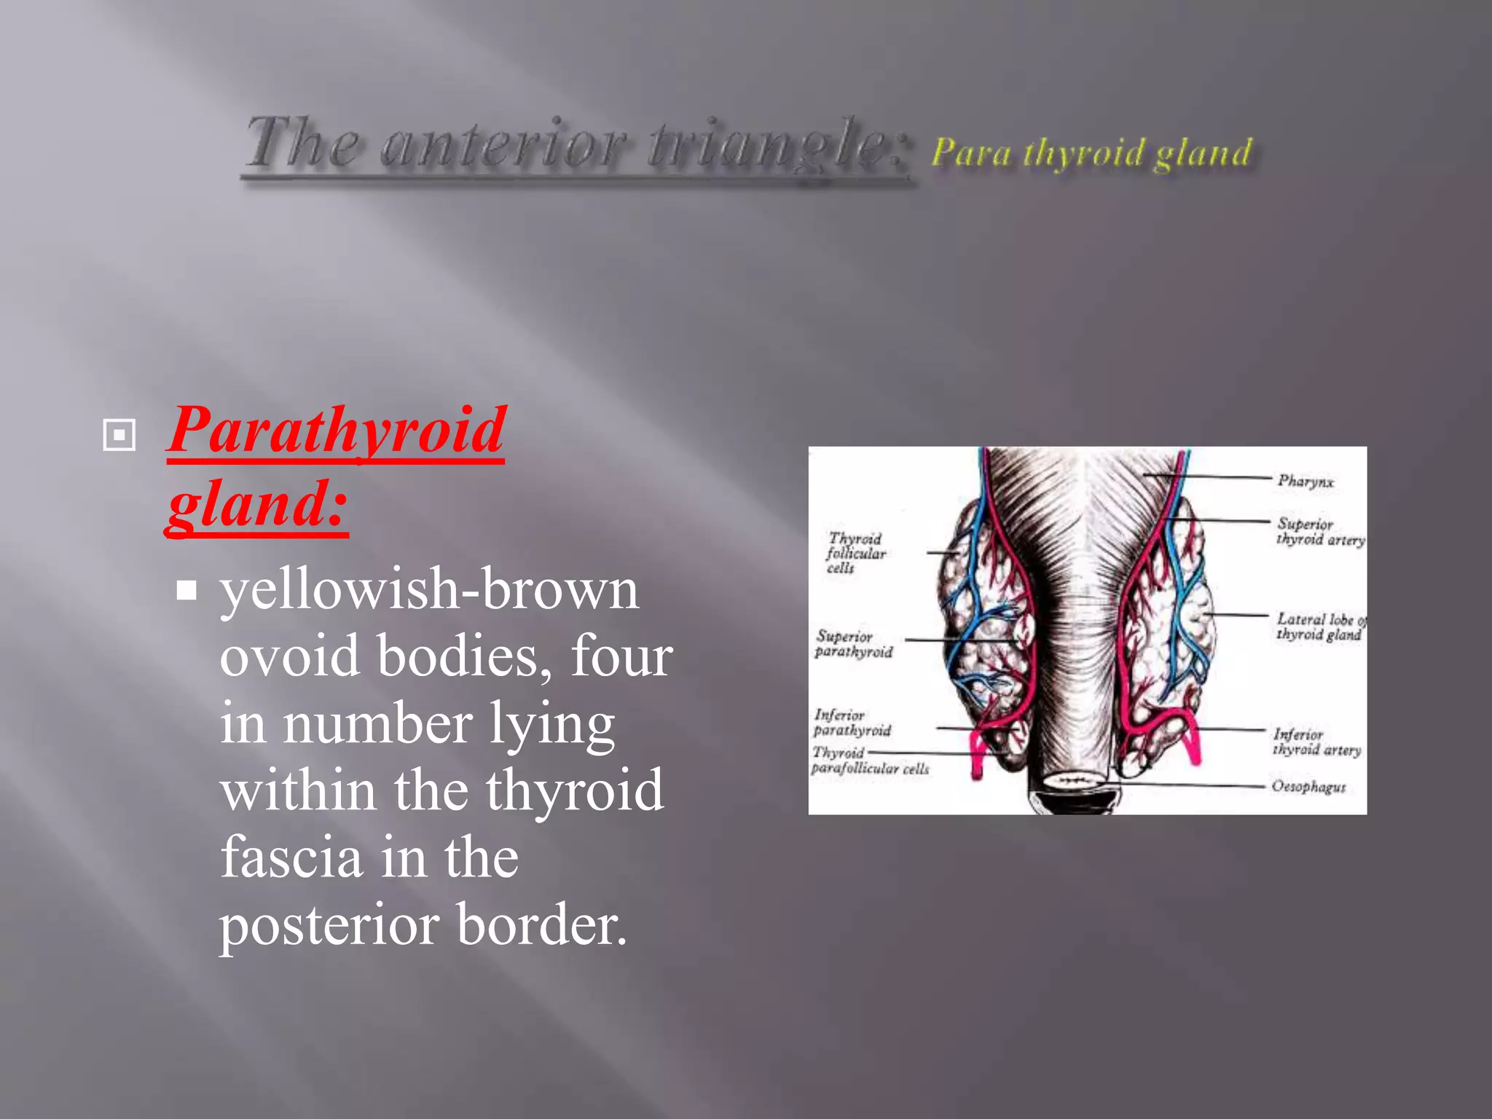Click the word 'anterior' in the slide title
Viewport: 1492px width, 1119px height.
503,144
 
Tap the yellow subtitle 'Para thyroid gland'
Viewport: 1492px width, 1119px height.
1091,154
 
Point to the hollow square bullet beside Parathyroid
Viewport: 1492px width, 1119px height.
119,435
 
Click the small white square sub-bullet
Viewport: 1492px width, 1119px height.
186,590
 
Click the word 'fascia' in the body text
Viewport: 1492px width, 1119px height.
291,857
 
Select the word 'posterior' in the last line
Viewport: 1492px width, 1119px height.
329,924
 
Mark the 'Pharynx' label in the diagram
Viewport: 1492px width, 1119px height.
1305,482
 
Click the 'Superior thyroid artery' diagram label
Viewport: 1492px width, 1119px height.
1319,532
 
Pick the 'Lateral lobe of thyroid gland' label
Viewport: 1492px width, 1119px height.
1319,627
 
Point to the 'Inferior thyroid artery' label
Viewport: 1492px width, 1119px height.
1316,742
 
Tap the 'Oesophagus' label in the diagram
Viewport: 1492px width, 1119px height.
1308,787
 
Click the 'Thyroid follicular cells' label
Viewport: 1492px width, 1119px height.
855,553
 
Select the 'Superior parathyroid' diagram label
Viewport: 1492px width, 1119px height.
853,644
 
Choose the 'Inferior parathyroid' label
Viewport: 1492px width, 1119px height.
851,723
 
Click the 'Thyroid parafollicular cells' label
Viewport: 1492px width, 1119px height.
869,761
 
